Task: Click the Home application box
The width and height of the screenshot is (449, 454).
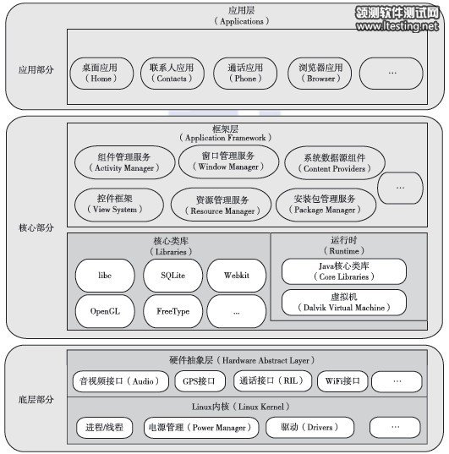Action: coord(101,73)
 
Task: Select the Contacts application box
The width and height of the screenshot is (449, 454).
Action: coord(172,73)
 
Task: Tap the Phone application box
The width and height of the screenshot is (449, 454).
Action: coord(244,73)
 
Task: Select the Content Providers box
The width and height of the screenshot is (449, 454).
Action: coord(331,163)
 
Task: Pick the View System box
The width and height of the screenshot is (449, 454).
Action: coord(113,203)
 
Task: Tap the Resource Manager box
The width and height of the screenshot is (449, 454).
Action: coord(221,205)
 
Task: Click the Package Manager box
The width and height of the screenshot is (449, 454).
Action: coord(324,204)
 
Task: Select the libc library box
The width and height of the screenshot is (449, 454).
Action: coord(105,276)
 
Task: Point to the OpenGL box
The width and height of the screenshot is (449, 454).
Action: coord(105,311)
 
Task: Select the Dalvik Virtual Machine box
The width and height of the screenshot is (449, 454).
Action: coord(343,304)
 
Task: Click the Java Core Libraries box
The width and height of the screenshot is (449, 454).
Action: coord(343,271)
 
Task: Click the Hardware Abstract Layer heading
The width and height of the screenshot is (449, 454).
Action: coord(238,359)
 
